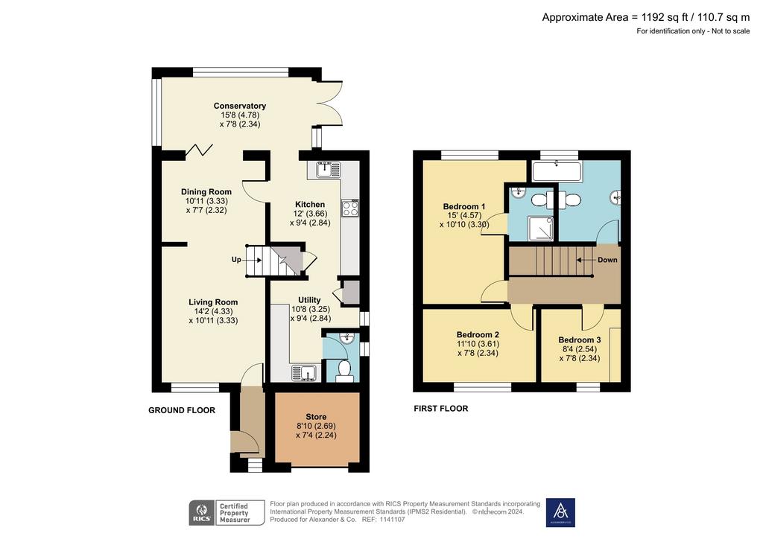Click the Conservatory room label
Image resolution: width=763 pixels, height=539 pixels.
[x=239, y=106]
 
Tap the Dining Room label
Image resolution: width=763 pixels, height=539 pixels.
[x=206, y=192]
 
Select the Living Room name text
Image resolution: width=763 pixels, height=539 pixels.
[x=213, y=302]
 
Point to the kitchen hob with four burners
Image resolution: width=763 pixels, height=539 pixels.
[x=350, y=208]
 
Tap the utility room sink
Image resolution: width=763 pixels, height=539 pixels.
[x=305, y=373]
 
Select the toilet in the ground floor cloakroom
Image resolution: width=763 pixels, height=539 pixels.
[x=344, y=370]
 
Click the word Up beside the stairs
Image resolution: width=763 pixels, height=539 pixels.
[x=236, y=260]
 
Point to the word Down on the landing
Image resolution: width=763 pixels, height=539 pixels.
[x=607, y=260]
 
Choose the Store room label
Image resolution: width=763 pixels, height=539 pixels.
[x=316, y=417]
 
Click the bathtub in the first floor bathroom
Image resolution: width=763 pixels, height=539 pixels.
[x=557, y=172]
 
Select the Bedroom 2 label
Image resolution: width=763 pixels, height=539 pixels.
[x=478, y=335]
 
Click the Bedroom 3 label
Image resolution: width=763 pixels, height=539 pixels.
[x=580, y=340]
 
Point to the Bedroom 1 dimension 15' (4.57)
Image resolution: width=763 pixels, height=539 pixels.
[x=463, y=216]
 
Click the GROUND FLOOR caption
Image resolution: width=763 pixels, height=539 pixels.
[x=182, y=411]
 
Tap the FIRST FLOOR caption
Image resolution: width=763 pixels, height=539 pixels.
[x=441, y=409]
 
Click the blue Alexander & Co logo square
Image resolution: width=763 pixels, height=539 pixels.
[x=560, y=512]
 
